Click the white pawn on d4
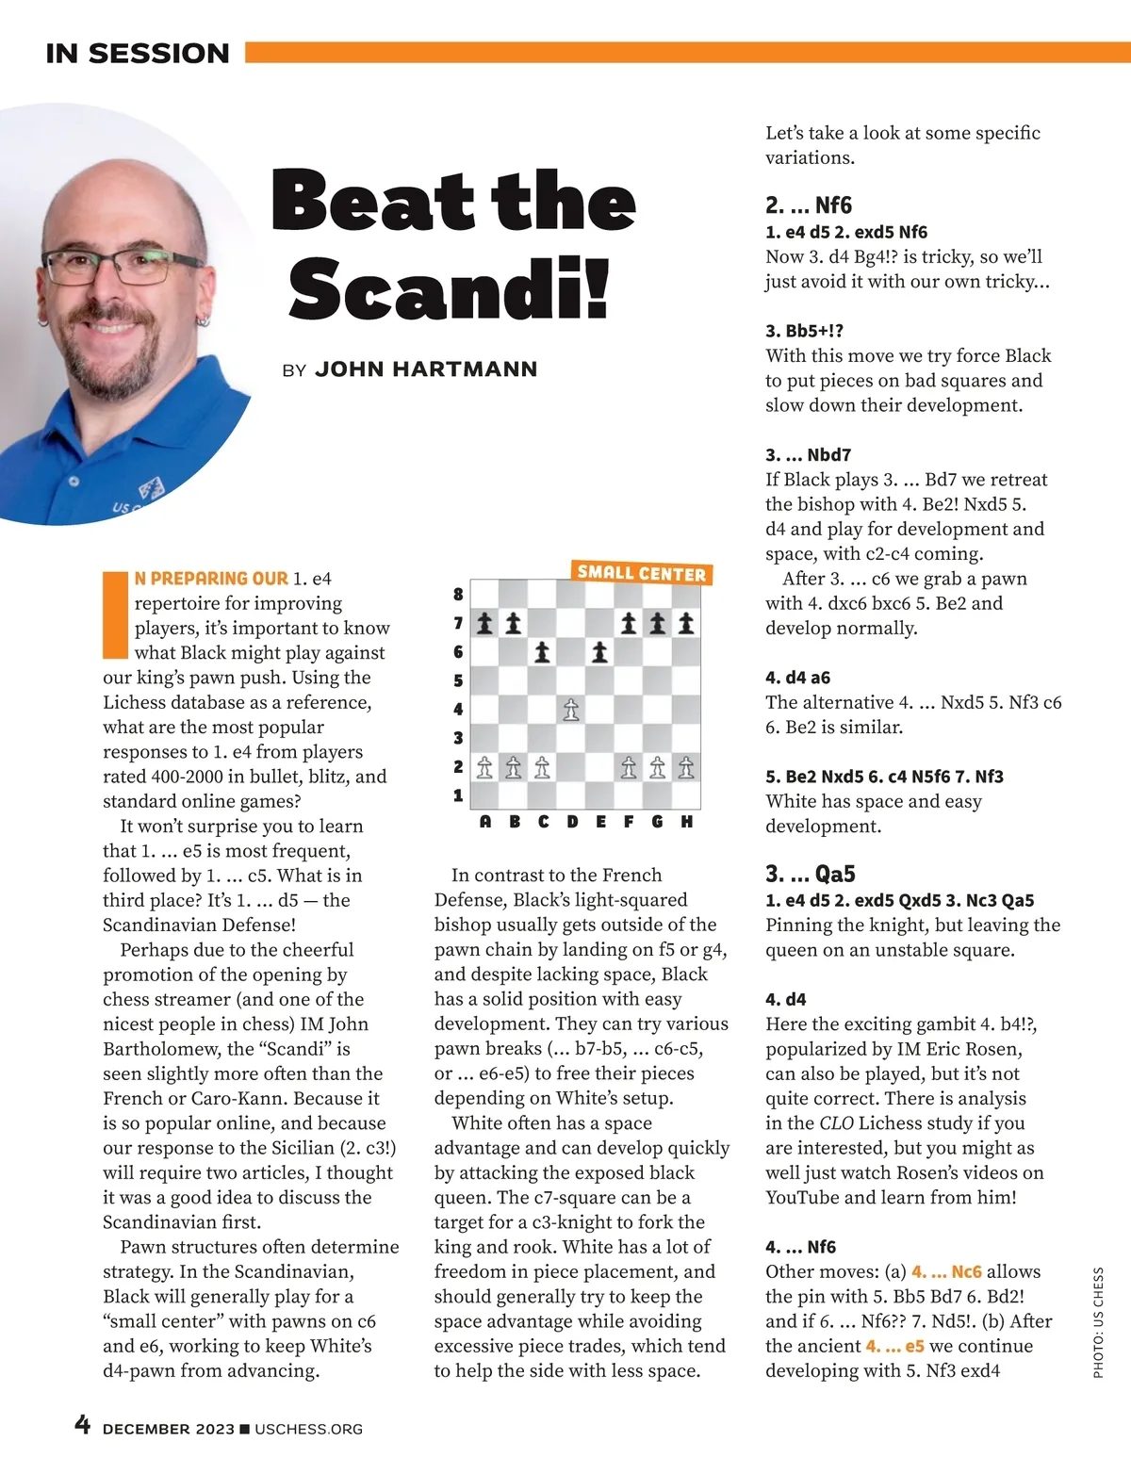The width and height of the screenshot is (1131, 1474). [571, 710]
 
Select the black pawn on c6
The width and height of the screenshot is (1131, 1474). [542, 652]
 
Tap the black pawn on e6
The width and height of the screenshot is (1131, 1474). [599, 652]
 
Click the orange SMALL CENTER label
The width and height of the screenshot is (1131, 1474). [641, 573]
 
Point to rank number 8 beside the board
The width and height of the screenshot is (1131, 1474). [458, 595]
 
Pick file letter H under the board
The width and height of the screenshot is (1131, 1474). [686, 822]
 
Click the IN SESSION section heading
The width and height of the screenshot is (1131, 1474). [138, 54]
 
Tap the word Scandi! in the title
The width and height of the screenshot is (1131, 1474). [451, 288]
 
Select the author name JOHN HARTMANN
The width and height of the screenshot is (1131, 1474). [426, 369]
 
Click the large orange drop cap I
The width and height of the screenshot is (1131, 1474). [115, 614]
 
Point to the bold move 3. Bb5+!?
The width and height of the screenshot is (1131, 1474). [804, 331]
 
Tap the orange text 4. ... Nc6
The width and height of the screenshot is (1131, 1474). [946, 1271]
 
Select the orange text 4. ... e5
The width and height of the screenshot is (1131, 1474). [894, 1346]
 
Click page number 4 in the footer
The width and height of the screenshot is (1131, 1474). [83, 1424]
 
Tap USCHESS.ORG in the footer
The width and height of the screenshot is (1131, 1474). [308, 1429]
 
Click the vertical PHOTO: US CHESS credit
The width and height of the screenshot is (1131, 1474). [1098, 1322]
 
